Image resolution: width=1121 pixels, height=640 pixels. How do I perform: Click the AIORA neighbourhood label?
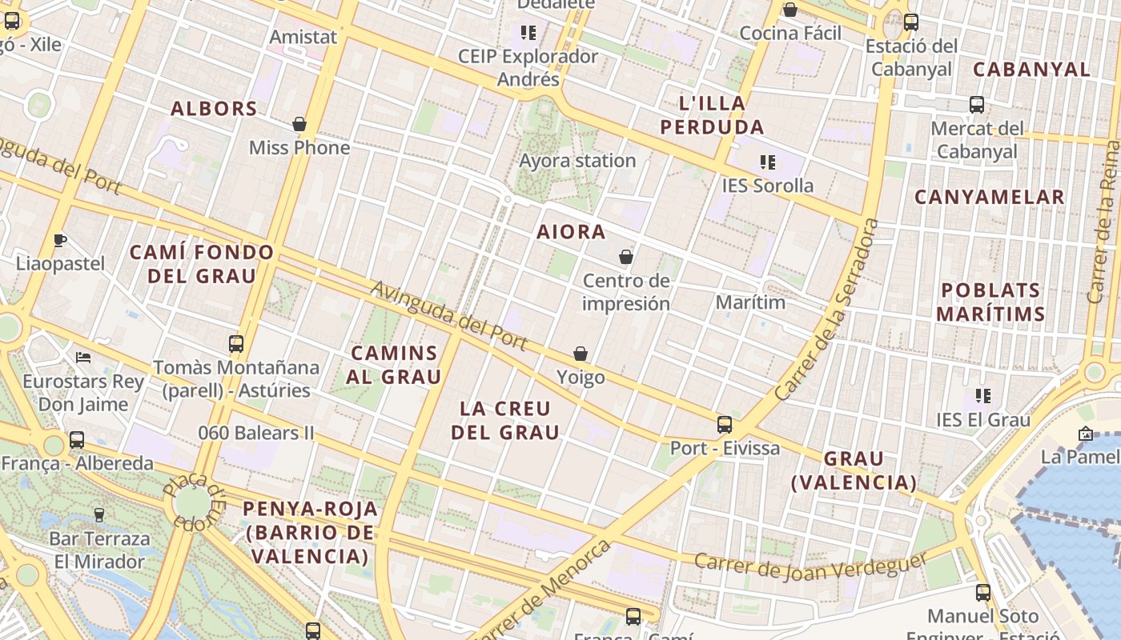click(x=571, y=232)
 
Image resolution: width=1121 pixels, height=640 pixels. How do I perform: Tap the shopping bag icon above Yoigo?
click(x=581, y=354)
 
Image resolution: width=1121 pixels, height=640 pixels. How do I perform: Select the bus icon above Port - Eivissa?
click(x=725, y=425)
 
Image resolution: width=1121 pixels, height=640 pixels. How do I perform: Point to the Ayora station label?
click(x=577, y=161)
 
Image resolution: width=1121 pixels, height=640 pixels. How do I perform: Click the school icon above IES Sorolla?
click(x=768, y=162)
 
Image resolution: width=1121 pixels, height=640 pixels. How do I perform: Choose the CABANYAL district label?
click(x=1031, y=70)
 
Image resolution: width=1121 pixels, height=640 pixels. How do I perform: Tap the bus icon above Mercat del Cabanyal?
click(x=976, y=105)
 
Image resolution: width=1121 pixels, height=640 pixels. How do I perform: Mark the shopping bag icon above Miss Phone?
click(x=299, y=125)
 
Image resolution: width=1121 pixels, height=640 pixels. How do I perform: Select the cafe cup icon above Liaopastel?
click(x=60, y=240)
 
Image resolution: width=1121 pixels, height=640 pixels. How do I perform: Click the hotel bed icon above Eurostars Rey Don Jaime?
click(x=83, y=357)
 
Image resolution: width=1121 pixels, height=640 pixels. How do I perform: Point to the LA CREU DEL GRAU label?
click(x=504, y=421)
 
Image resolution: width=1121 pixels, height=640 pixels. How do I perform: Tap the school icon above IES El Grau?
click(x=983, y=396)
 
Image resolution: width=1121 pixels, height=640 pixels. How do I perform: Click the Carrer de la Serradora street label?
click(x=828, y=310)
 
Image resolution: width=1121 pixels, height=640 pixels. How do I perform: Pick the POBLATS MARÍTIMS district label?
click(x=990, y=302)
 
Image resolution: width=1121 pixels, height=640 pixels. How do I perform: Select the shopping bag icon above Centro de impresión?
click(x=626, y=258)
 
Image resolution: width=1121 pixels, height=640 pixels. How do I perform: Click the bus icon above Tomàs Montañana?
click(x=236, y=344)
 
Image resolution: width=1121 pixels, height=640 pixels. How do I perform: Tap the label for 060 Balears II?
click(x=256, y=434)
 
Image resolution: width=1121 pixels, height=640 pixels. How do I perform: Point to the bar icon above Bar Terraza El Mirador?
click(x=99, y=514)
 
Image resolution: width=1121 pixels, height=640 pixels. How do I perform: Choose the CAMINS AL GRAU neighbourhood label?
click(x=396, y=365)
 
